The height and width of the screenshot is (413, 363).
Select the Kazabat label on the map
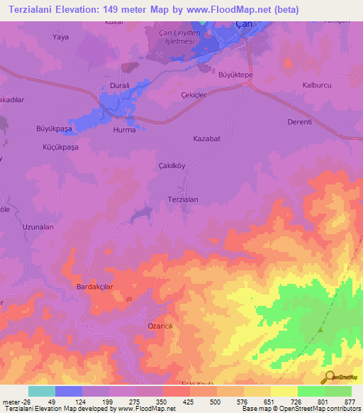pyautogui.click(x=206, y=139)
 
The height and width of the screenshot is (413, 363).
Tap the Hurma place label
pyautogui.click(x=124, y=131)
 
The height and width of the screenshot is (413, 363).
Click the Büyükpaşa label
pyautogui.click(x=54, y=128)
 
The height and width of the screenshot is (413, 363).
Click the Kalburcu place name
pyautogui.click(x=318, y=86)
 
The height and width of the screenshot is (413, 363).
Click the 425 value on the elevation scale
pyautogui.click(x=177, y=402)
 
